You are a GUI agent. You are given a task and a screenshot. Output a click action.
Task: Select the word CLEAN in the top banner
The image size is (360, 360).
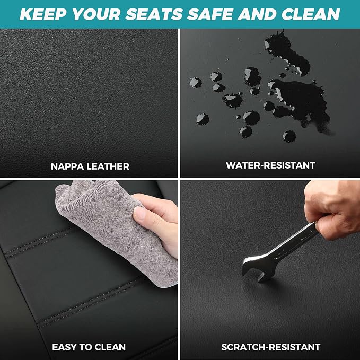coord(311,14)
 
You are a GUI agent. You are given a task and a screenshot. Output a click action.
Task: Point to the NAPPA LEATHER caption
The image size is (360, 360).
coord(90,166)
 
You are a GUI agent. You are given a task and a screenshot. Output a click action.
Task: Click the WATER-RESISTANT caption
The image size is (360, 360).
coord(270,165)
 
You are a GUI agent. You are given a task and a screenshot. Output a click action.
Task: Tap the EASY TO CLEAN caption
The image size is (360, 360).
coord(89,347)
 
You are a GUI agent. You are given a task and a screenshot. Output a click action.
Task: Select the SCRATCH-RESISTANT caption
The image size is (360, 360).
coord(271,347)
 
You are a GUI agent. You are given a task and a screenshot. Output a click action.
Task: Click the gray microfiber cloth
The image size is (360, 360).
coord(115,230)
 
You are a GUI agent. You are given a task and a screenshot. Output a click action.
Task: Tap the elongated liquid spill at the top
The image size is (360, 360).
coord(287,53)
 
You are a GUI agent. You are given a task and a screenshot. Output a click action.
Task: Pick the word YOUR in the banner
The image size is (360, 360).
coord(96,14)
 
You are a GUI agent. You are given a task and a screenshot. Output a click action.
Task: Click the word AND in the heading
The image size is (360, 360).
coord(257,14)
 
